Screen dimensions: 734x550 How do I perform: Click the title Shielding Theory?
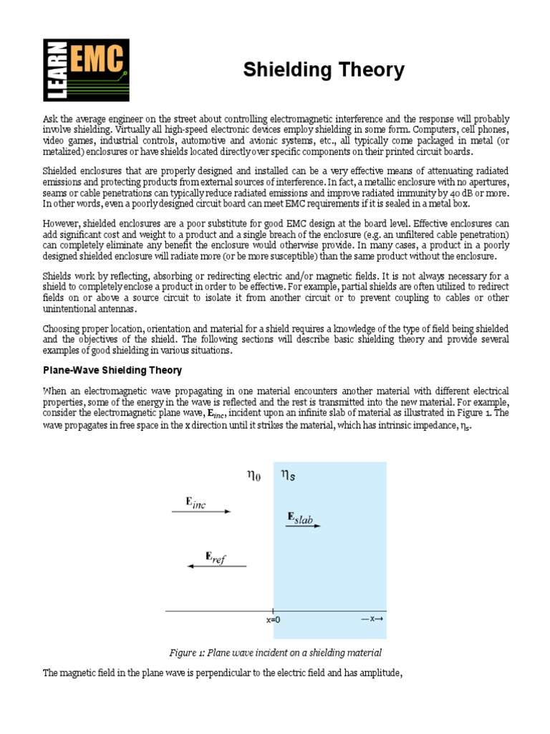324,70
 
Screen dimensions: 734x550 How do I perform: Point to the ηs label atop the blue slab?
287,475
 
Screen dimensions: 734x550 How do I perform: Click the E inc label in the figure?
196,503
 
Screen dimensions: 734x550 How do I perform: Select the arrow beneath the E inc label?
201,512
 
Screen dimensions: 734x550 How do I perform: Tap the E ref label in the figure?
215,558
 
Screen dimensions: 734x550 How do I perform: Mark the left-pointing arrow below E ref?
216,566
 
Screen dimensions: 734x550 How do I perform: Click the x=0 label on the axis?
273,621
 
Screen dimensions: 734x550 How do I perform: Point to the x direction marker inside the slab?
372,618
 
